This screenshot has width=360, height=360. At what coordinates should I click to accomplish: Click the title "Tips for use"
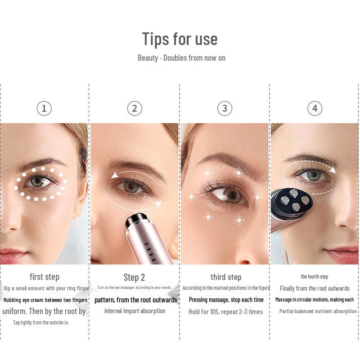click(x=180, y=39)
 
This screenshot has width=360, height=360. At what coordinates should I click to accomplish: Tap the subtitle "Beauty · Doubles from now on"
click(x=181, y=58)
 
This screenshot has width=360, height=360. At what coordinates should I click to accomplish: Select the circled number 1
click(x=44, y=108)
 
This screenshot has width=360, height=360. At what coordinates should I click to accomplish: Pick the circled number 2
click(x=134, y=108)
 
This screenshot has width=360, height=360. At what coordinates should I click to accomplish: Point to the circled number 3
click(x=225, y=108)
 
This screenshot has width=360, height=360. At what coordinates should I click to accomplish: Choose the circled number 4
click(x=315, y=108)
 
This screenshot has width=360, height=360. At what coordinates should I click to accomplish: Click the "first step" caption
click(x=45, y=277)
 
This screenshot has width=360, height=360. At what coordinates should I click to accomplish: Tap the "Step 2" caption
click(x=134, y=277)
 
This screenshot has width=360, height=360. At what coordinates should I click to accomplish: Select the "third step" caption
click(x=226, y=277)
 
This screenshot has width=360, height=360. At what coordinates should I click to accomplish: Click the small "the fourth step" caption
click(x=315, y=277)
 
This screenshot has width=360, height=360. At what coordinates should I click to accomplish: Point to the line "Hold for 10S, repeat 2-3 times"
click(x=226, y=312)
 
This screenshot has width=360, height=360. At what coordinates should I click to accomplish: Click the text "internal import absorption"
click(x=135, y=311)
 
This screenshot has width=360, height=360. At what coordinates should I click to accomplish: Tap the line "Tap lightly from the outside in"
click(x=41, y=322)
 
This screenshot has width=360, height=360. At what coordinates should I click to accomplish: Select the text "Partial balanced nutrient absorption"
click(x=318, y=311)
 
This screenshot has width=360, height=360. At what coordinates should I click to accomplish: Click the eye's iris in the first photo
click(x=37, y=181)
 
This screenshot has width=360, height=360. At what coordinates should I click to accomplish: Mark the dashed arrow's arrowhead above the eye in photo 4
click(x=333, y=170)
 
